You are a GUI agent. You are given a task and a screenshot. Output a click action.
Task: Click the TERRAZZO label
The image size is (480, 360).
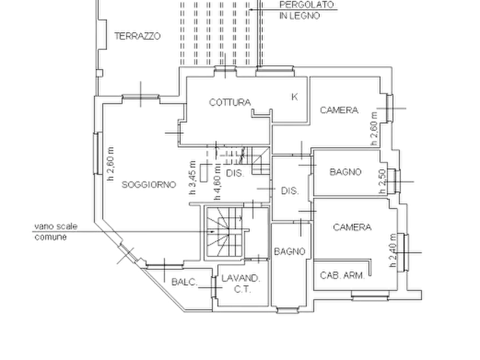coord(138,36)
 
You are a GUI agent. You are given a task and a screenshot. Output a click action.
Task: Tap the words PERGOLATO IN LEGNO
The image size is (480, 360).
coord(306,10)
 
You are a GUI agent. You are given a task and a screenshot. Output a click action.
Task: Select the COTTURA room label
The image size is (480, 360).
coord(230,102)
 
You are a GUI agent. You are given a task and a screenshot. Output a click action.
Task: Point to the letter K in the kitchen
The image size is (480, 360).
coord(295,97)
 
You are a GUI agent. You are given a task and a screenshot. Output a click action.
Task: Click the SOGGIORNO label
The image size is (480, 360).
coord(149,185)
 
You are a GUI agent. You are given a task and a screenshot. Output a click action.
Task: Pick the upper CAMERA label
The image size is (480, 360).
coord(339,110)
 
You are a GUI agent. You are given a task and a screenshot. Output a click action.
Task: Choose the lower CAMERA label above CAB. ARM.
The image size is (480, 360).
coord(353,227)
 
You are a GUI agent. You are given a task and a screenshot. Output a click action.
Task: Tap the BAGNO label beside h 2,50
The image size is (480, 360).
coord(346,172)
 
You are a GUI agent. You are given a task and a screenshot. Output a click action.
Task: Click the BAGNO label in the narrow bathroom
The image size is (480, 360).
coord(290,251)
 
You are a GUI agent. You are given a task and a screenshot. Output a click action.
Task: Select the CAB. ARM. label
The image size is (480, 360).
coord(342,276)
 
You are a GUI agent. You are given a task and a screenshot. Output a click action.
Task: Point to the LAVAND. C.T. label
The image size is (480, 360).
coord(241,284)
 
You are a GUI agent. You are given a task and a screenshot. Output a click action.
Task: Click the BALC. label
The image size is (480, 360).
coord(184,282)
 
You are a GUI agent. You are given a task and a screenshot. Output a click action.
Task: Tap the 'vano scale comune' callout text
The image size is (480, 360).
coord(56,232)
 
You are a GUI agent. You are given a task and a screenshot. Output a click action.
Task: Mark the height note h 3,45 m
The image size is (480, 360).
coord(192,177)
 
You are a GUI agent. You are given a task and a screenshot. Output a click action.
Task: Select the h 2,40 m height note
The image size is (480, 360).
coord(393,250)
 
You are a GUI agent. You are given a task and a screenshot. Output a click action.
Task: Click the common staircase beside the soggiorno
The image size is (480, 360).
coord(225,232)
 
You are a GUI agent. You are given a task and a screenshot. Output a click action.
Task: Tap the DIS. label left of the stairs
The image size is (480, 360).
coord(235,173)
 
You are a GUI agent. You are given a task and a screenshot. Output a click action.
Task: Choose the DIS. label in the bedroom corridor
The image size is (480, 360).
coord(290,191)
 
